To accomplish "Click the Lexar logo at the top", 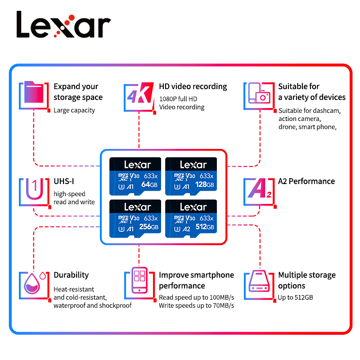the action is pos(63,24).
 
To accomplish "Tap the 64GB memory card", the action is pos(137,176).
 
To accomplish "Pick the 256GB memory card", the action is pos(137,218).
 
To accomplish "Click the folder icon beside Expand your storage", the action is pos(34,96).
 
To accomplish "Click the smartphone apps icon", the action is pos(139,281).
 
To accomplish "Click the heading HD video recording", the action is pos(193,86).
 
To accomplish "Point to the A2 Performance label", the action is pos(306,181).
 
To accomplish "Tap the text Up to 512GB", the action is pos(295,297).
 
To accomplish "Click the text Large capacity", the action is pos(74,110).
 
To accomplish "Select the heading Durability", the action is pos(71,275).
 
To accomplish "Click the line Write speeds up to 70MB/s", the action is pos(196,306).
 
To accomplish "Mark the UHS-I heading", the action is pos(64,181).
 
